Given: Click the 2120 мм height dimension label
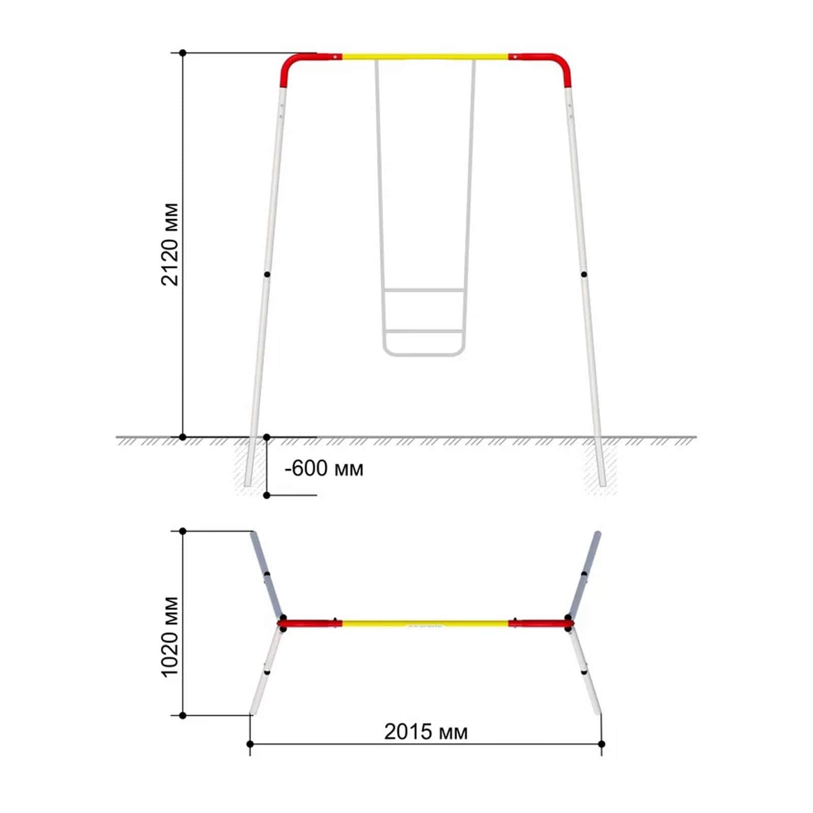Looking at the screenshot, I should click(170, 244).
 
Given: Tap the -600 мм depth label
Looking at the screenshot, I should click(324, 468).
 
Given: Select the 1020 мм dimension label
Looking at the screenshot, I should click(170, 637).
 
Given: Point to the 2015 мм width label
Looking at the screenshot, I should click(426, 732).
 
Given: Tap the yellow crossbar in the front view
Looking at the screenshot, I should click(425, 56).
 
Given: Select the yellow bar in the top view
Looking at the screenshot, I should click(425, 623).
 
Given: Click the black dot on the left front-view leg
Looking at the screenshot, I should click(267, 274).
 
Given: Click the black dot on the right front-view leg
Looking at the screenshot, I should click(584, 274).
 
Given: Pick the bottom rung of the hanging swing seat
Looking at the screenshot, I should click(424, 332).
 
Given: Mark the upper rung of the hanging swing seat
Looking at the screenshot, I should click(424, 291).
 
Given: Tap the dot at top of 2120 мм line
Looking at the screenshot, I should click(183, 53).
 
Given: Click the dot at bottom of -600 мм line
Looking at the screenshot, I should click(267, 495).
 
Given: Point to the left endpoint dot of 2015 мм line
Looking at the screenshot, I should click(250, 744).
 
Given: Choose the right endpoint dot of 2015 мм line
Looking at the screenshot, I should click(602, 744).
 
